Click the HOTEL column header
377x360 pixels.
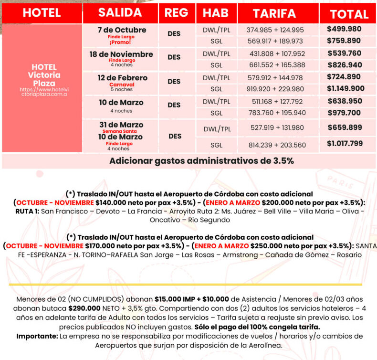click(42, 13)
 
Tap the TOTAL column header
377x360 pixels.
click(349, 13)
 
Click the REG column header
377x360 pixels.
click(176, 13)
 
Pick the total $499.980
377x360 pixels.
click(344, 29)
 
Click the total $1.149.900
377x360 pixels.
click(346, 88)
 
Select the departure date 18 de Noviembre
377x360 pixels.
click(121, 54)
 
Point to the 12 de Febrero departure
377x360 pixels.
click(121, 78)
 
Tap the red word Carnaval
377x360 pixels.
click(121, 85)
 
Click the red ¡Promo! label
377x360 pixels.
click(121, 42)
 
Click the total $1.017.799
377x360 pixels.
click(345, 143)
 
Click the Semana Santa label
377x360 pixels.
click(121, 131)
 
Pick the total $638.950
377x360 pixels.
click(344, 101)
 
